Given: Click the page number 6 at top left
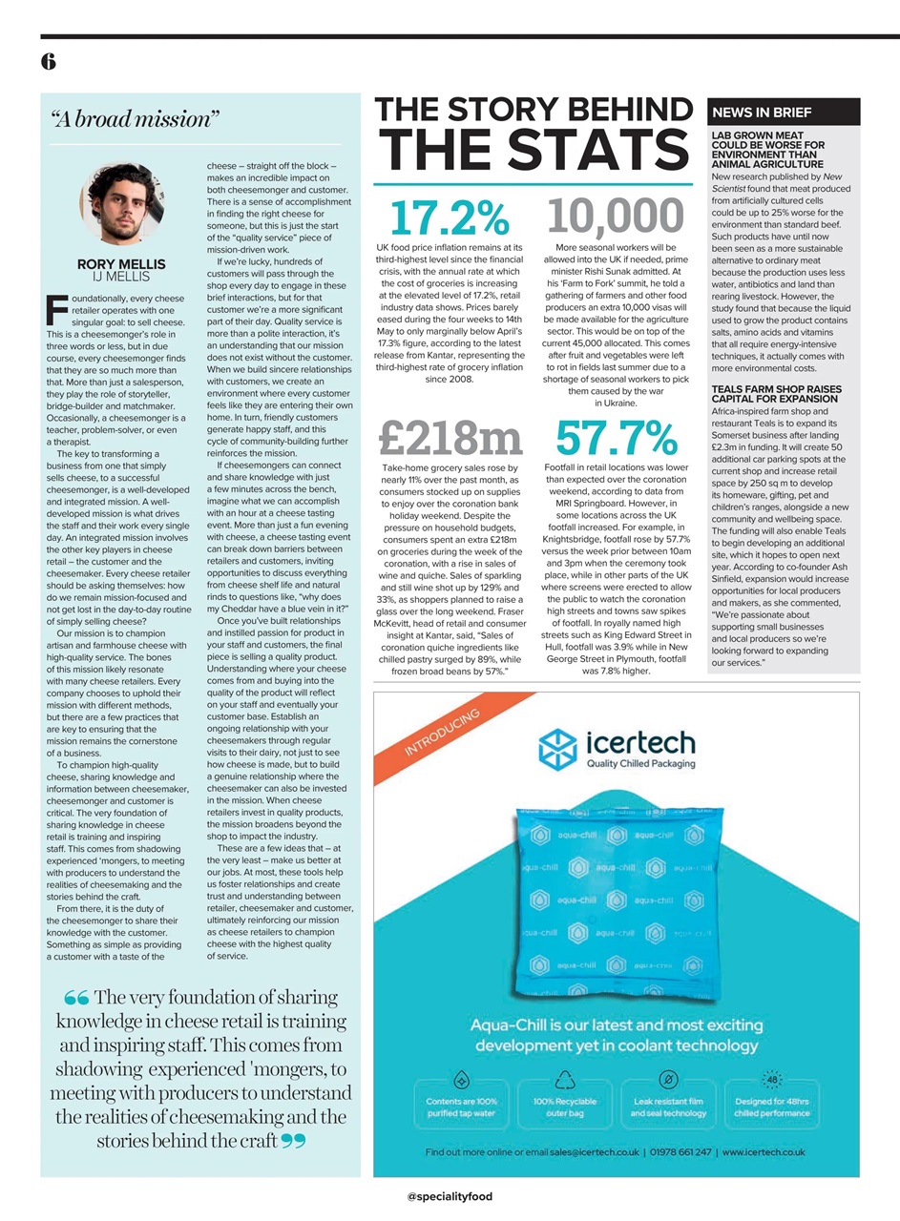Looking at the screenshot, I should tap(48, 62).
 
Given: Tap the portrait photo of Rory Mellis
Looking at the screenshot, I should tap(122, 205).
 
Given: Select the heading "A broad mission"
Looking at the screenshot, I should tap(136, 119).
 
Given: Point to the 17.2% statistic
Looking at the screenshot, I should tap(450, 217).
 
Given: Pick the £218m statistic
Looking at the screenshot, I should tap(450, 438).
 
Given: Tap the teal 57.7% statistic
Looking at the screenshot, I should tap(617, 438).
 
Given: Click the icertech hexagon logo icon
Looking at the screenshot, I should tap(559, 748).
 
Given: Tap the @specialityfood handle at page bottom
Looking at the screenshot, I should tap(450, 1196).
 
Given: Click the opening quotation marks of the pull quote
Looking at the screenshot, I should tap(76, 999).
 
